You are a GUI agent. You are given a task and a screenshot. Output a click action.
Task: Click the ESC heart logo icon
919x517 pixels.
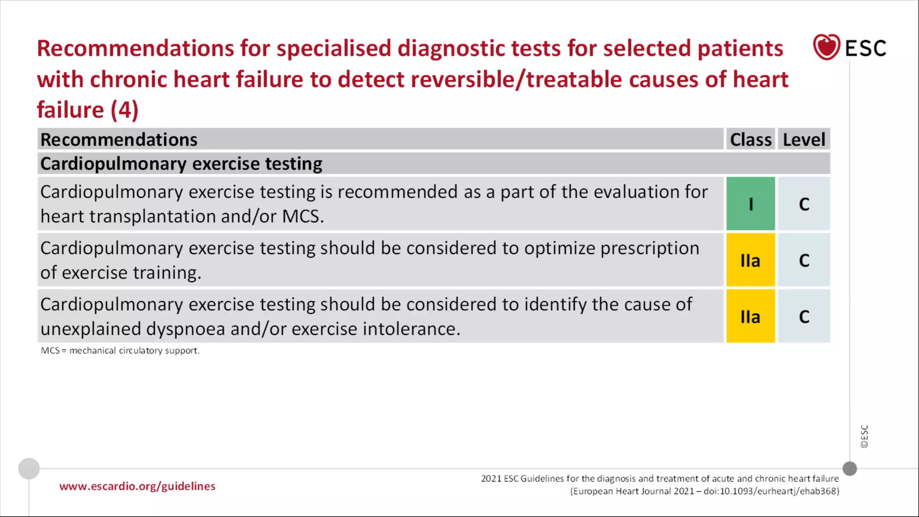pos(826,47)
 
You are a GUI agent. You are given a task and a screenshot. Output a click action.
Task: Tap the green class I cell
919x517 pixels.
pos(750,204)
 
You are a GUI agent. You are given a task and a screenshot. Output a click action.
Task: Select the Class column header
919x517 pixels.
pos(750,140)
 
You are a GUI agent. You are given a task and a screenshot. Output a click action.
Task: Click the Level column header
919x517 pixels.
pos(804,140)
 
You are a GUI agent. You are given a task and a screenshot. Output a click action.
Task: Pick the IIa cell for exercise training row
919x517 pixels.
pos(750,260)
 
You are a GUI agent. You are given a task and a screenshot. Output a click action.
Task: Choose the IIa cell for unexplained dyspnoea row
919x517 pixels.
pos(750,317)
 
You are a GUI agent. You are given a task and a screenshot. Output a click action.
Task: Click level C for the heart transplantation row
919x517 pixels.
pos(804,204)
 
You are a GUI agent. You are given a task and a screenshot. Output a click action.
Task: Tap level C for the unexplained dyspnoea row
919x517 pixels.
pos(804,317)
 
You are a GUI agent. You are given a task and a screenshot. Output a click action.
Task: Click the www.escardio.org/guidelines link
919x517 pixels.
pos(137,486)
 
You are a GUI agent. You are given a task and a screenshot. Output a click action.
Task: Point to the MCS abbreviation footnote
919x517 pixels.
pos(120,351)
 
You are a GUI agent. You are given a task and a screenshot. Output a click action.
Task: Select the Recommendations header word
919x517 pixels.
pos(119,140)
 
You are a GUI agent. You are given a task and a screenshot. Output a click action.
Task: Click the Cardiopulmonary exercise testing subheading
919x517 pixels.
pos(181,164)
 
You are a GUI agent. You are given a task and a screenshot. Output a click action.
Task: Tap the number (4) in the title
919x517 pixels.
pos(124,110)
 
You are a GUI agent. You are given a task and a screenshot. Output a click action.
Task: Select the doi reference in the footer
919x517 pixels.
pos(771,491)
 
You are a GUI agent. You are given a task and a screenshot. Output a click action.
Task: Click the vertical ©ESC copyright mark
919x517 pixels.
pos(864,436)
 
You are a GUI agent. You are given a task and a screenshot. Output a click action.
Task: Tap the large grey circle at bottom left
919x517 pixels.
pos(29,469)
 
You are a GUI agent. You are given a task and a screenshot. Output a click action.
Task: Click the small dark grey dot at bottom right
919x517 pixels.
pos(849,469)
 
